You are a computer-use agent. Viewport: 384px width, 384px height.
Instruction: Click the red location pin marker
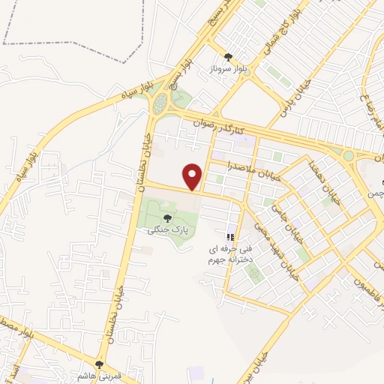coord(194,176)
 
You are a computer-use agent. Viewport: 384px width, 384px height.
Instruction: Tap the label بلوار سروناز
coord(228,69)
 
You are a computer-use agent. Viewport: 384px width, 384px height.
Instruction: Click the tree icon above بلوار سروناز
coord(228,56)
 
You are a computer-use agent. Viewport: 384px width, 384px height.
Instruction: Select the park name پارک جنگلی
coord(166,230)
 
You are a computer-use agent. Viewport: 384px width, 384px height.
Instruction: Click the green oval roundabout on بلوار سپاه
coord(159,103)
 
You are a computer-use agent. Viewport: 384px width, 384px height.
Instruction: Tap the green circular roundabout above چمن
coord(348,155)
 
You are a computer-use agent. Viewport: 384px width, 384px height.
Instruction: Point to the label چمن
coord(375,193)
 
